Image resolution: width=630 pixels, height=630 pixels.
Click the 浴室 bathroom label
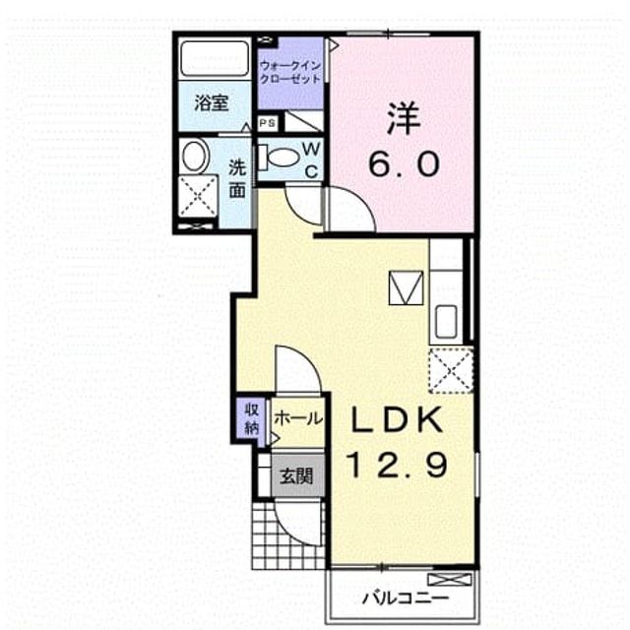coord(212,103)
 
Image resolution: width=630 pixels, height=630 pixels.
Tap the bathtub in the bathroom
coord(215,58)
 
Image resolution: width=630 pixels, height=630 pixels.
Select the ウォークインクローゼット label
coord(290,72)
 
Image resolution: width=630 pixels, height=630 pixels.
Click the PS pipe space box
coord(267,123)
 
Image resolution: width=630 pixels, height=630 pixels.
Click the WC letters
coord(311,160)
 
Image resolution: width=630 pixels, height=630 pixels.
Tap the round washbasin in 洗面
coord(196,156)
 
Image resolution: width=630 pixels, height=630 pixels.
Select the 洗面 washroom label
coord(237,179)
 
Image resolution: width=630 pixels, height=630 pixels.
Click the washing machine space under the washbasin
coord(198,197)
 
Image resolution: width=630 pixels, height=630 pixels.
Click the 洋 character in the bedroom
coord(405,119)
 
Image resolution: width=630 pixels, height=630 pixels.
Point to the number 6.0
coord(405,164)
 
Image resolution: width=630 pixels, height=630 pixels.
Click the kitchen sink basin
coord(446,321)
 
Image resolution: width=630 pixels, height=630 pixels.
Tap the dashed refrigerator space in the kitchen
coord(451,371)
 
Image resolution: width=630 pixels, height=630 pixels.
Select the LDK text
coord(397,420)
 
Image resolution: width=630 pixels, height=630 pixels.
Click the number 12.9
coord(398,466)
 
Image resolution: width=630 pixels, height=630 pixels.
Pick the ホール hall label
coord(298,418)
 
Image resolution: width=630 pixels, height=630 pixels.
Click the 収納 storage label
coord(252,420)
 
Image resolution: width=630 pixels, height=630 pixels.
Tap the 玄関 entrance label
coord(296,476)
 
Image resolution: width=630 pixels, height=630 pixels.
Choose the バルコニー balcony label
coord(405,598)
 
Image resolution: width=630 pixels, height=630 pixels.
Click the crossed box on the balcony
coord(450,580)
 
